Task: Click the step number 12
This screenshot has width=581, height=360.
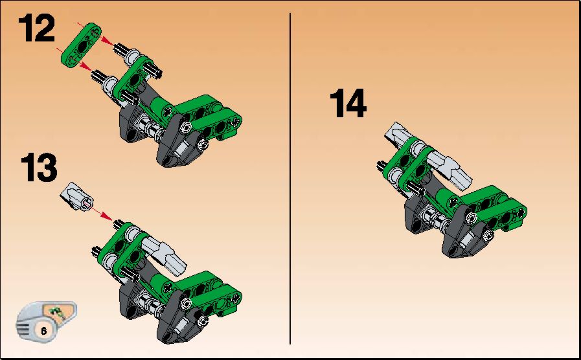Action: click(36, 28)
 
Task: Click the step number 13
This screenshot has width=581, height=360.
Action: click(39, 168)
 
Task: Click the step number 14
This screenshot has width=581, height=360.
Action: click(348, 103)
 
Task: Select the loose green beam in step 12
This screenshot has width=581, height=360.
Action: click(81, 45)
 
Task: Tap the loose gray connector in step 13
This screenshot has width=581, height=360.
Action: click(76, 197)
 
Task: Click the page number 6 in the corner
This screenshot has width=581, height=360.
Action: click(44, 330)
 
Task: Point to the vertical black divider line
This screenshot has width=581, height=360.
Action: click(290, 179)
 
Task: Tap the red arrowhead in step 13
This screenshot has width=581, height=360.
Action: click(107, 216)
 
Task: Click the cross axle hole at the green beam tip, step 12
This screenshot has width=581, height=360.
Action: click(235, 120)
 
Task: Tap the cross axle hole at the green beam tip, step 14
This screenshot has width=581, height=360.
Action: click(521, 212)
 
